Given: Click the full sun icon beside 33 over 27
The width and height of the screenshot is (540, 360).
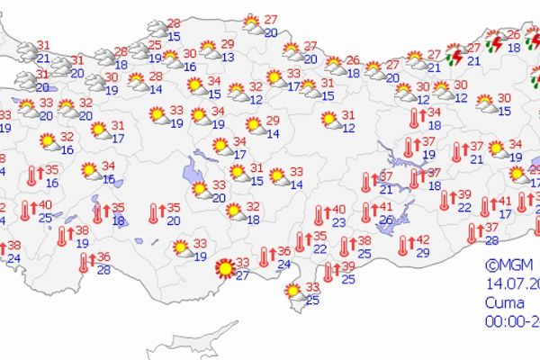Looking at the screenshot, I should pyautogui.click(x=223, y=267).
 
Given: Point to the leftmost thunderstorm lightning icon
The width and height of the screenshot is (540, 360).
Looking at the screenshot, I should pyautogui.click(x=456, y=57).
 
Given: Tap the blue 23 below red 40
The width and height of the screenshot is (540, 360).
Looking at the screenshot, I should pyautogui.click(x=338, y=221).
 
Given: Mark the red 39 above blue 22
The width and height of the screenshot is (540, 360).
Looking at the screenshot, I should pyautogui.click(x=464, y=194).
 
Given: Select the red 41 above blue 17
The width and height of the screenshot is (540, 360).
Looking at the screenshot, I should pyautogui.click(x=505, y=202).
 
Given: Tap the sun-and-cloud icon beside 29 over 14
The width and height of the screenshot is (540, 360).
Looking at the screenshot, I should pyautogui.click(x=253, y=126).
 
